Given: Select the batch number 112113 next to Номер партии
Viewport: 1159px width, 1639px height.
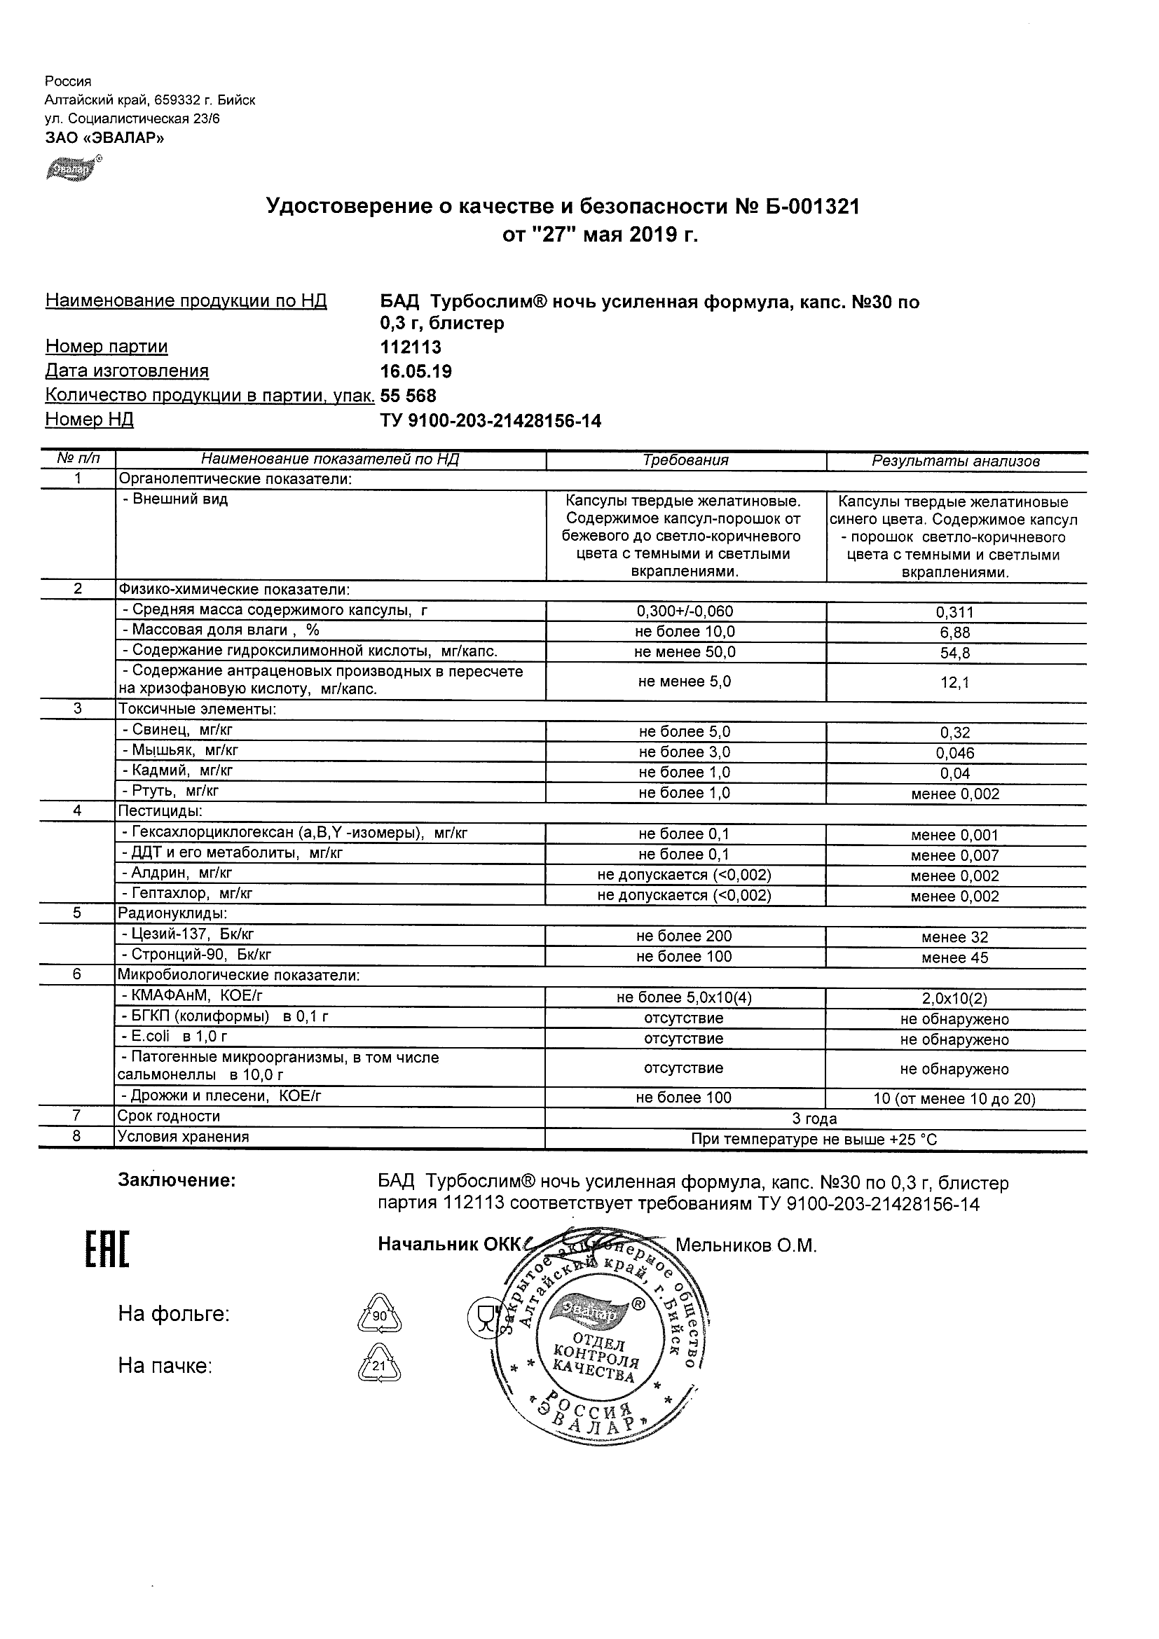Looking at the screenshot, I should click(411, 347).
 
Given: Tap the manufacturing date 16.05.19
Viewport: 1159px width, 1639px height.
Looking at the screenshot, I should click(416, 372).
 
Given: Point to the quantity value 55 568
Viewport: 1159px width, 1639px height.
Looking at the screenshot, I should click(409, 396).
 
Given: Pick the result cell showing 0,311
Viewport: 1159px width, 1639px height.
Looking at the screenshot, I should click(955, 612).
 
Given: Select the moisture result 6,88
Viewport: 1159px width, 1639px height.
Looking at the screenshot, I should click(955, 632).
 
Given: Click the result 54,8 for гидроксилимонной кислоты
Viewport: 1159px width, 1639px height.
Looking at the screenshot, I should click(955, 653).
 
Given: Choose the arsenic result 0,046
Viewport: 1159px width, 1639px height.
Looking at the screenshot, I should click(955, 753).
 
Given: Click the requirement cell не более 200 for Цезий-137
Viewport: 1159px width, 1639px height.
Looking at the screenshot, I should click(684, 936).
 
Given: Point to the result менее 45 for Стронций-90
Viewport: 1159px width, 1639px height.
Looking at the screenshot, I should click(955, 958).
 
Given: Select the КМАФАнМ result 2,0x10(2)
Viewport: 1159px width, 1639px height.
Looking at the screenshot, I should click(955, 999).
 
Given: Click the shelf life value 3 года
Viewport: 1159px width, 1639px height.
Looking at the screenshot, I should click(814, 1119).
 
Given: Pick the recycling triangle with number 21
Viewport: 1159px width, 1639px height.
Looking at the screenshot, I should click(378, 1366).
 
